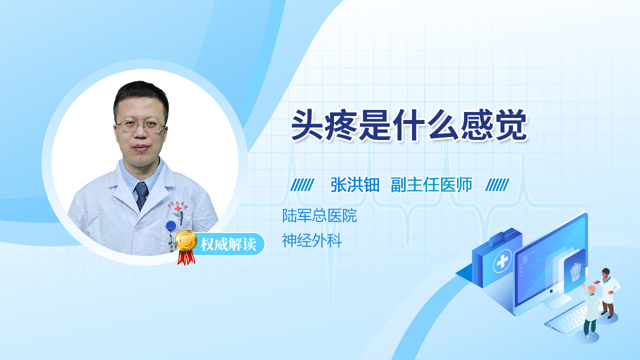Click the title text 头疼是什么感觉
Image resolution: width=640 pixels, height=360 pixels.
tap(409, 125)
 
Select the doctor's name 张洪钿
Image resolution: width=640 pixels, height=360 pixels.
tap(355, 185)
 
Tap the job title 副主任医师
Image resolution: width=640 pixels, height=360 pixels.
tap(431, 185)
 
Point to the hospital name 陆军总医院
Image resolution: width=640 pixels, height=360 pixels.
tap(319, 215)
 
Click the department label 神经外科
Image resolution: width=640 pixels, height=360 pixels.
tap(311, 240)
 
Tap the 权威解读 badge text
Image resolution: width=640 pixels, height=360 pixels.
tap(228, 244)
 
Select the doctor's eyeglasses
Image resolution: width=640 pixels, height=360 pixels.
tap(140, 125)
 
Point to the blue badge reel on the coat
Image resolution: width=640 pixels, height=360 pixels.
tap(170, 225)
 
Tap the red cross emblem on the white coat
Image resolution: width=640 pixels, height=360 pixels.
tap(178, 209)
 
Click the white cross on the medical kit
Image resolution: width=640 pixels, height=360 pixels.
tap(502, 260)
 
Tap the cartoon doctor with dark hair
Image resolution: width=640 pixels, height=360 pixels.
tap(608, 293)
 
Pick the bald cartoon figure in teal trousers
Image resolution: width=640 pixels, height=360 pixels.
tap(590, 310)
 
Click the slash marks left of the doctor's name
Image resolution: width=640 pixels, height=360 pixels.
tap(302, 185)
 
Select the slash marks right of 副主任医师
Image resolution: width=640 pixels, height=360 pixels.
tap(497, 185)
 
